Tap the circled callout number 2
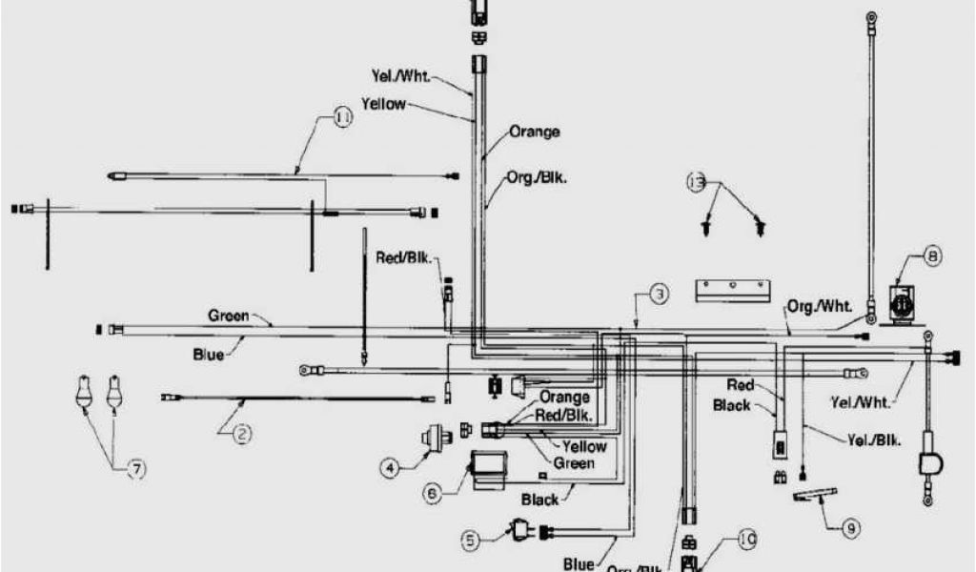tap(243, 435)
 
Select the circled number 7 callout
tap(136, 468)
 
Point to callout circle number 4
tap(389, 467)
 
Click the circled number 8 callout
tap(931, 255)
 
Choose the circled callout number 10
tap(746, 541)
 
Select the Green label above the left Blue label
tap(229, 315)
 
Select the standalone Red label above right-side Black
tap(741, 385)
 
